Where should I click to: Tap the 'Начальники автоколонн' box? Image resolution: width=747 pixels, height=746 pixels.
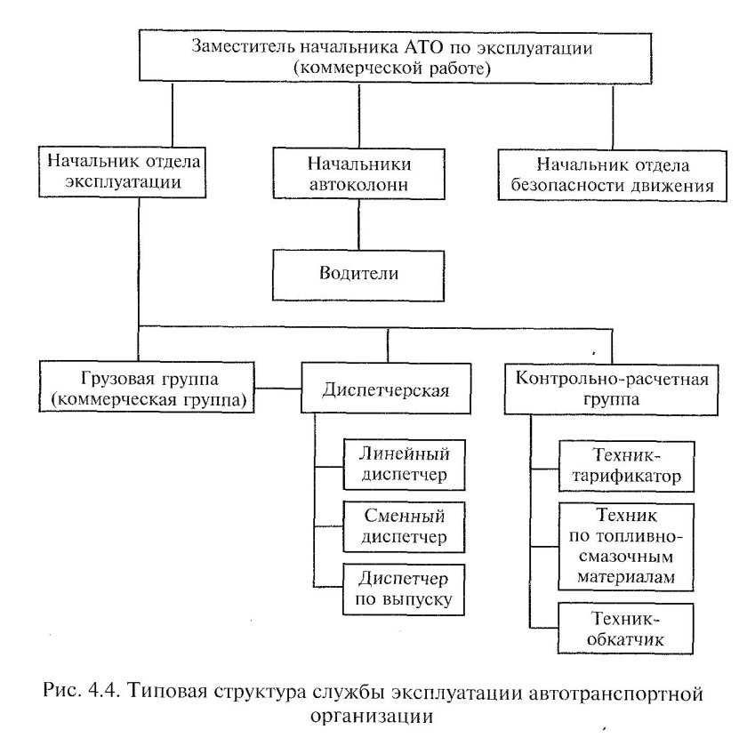pos(358,174)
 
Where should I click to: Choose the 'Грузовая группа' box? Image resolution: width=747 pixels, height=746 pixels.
pos(148,388)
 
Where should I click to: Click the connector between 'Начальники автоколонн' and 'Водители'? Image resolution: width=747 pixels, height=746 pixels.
pos(357,225)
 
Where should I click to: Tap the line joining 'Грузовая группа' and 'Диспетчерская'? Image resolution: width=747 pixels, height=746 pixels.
pos(277,389)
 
